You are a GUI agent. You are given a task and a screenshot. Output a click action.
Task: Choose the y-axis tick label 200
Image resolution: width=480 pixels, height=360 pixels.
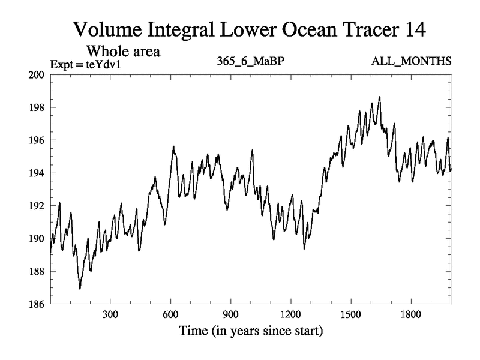coord(37,75)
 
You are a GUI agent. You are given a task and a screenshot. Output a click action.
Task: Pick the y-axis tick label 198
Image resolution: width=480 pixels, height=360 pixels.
coord(37,108)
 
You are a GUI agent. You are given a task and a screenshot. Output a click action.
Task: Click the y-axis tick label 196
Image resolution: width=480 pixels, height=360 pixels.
coord(37,140)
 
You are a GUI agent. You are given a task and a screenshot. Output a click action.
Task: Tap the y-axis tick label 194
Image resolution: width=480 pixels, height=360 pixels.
coord(37,173)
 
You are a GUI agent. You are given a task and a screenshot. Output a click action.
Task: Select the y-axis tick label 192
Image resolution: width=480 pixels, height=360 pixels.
coord(37,206)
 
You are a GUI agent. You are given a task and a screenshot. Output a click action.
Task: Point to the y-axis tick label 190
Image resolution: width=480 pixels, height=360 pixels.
coord(37,239)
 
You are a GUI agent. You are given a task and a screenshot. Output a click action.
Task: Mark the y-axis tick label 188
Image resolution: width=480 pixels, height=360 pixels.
coord(37,272)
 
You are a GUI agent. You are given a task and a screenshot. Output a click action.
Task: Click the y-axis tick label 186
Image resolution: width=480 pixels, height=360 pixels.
coord(37,304)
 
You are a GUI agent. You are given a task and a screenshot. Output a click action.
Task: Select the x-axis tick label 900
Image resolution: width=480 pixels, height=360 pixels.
coord(230,314)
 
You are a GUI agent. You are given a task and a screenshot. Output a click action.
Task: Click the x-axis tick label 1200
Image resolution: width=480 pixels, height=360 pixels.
coord(290,314)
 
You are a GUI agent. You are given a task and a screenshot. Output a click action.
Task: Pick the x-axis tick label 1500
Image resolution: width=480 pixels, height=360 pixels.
coord(350,314)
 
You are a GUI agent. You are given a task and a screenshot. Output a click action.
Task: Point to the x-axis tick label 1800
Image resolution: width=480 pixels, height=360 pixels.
coord(410,314)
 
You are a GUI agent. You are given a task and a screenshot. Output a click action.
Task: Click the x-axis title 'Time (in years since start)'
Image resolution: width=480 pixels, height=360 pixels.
coord(250,331)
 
